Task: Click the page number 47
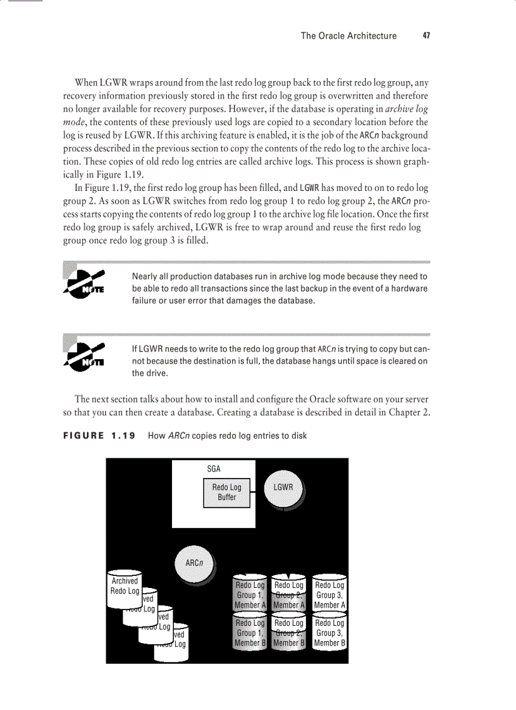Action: [x=426, y=36]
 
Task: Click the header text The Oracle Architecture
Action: [x=348, y=36]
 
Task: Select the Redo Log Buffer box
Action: [x=226, y=493]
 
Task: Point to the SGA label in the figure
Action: [x=214, y=469]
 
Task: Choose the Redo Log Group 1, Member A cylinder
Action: [x=250, y=595]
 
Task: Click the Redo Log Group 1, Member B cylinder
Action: [x=250, y=633]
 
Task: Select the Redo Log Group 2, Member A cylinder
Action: [x=289, y=595]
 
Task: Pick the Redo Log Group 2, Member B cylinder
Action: [x=289, y=633]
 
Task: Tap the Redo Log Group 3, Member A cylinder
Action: [x=329, y=595]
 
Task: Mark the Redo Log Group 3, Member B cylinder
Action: [x=329, y=633]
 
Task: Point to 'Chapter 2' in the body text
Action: [x=409, y=412]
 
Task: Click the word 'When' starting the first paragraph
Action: [x=86, y=82]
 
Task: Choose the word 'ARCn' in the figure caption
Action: [x=179, y=436]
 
